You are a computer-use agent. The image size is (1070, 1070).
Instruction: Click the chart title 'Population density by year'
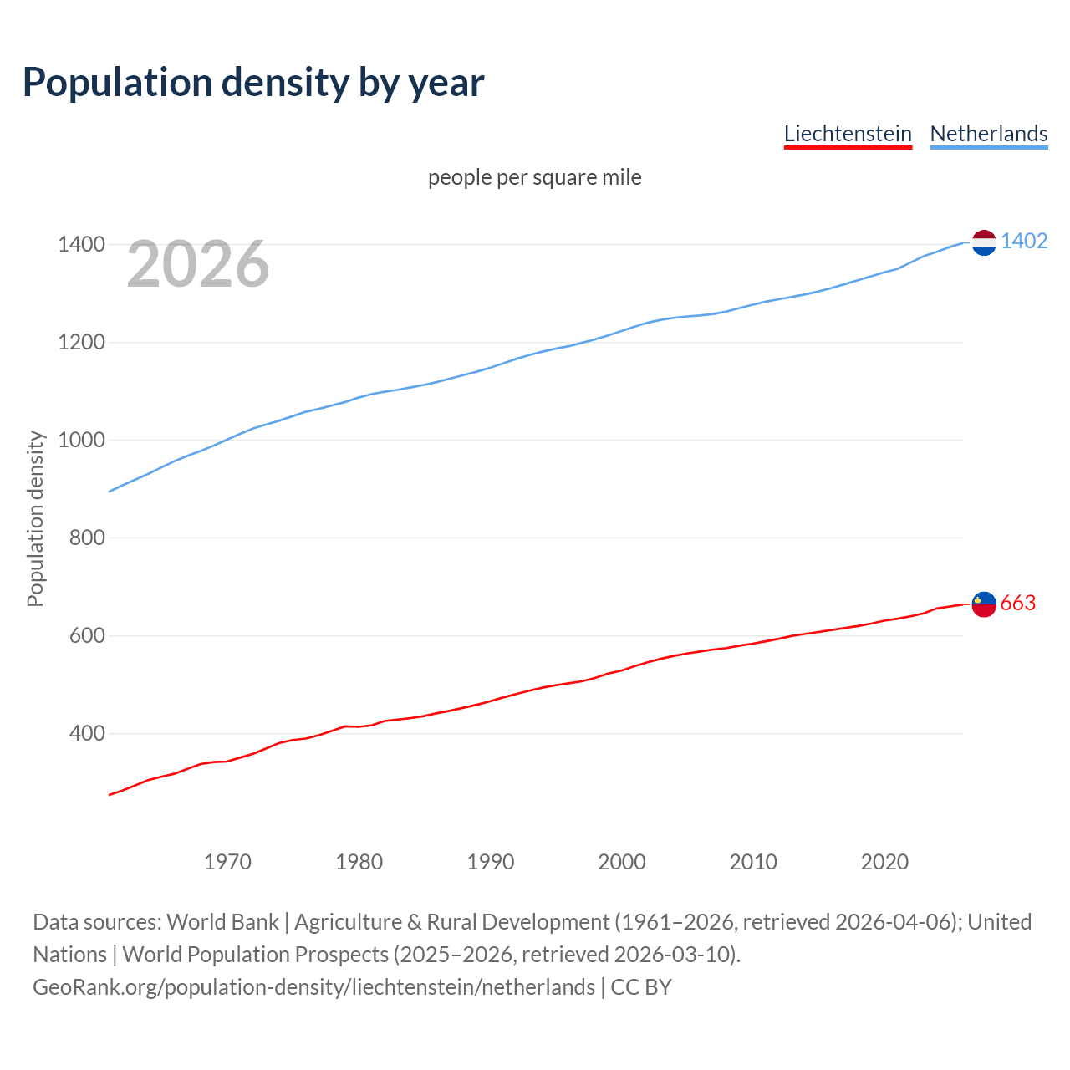point(253,82)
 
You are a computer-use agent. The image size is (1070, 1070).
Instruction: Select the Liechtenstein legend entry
point(848,134)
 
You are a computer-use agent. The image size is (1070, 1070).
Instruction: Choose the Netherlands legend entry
point(988,134)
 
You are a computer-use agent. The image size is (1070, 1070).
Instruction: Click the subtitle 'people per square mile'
point(534,177)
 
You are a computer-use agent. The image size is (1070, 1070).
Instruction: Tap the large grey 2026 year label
point(198,264)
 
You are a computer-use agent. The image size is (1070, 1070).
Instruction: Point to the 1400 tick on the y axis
point(81,245)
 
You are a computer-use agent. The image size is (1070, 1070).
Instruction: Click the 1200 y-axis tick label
point(81,343)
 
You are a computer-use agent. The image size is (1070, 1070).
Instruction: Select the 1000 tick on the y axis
point(81,440)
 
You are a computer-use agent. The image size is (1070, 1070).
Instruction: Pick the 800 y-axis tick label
point(87,538)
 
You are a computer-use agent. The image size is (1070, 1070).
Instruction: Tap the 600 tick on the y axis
point(87,635)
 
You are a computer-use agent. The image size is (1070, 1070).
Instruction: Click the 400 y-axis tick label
point(87,733)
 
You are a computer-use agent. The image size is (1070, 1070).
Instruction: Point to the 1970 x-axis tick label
point(227,862)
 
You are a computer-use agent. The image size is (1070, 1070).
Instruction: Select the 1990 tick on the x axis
point(491,862)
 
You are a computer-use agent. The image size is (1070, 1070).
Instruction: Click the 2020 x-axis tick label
point(884,862)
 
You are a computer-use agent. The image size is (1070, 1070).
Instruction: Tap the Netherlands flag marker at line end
point(984,242)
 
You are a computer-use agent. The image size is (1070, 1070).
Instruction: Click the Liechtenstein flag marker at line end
point(984,604)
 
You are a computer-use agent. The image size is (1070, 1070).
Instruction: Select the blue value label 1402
point(1023,242)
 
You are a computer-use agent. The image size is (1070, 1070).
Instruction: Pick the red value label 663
point(1017,603)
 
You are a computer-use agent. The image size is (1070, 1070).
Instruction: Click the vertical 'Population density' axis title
point(35,518)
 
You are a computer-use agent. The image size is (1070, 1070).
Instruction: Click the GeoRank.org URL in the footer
point(313,987)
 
